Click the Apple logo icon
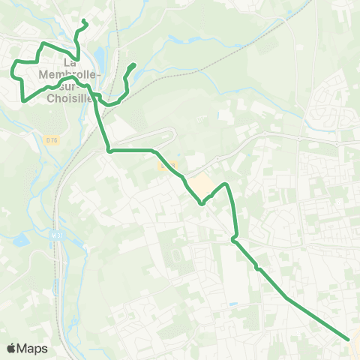tap(11, 348)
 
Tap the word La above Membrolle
tap(71, 62)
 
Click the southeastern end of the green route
tap(349, 339)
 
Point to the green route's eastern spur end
tap(133, 65)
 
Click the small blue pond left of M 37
tap(20, 240)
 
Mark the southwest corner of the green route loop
tap(24, 100)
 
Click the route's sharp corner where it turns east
tap(109, 151)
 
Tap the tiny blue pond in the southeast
tap(233, 304)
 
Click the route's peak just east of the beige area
tap(226, 184)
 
